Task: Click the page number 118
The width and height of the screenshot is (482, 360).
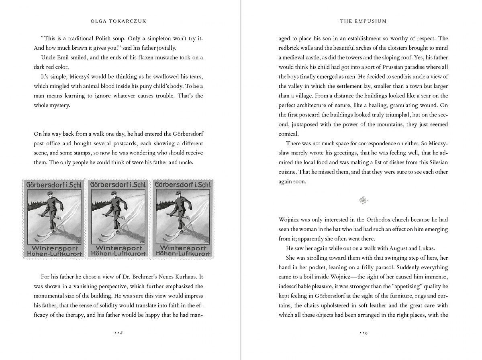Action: pyautogui.click(x=118, y=333)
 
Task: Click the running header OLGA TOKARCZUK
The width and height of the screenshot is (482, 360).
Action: pyautogui.click(x=118, y=21)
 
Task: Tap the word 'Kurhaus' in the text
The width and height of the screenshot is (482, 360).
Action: pyautogui.click(x=186, y=277)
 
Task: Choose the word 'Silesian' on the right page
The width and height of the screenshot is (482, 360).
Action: pyautogui.click(x=437, y=163)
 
